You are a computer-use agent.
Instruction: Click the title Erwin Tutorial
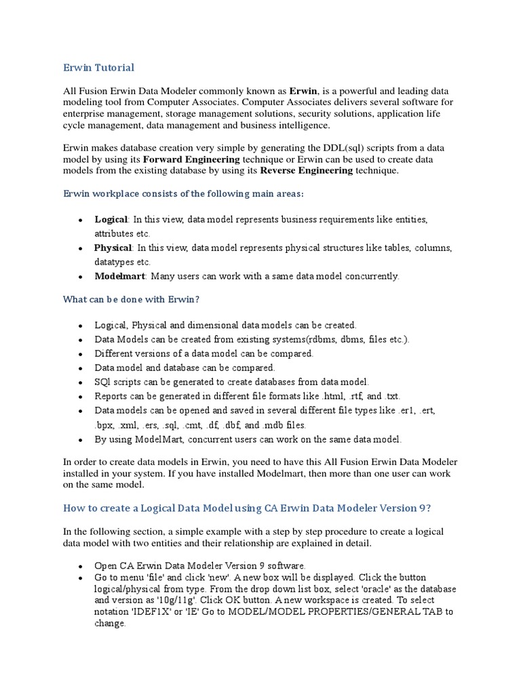98,67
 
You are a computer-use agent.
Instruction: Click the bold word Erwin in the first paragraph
303,91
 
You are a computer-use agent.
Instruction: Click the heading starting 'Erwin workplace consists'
184,195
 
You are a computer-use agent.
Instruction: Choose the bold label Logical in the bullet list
111,220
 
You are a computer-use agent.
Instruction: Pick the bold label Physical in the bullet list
113,248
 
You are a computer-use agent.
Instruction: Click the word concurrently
374,277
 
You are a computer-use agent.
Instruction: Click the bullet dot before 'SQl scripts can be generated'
80,382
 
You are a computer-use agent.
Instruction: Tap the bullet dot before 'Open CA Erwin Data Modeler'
80,565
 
